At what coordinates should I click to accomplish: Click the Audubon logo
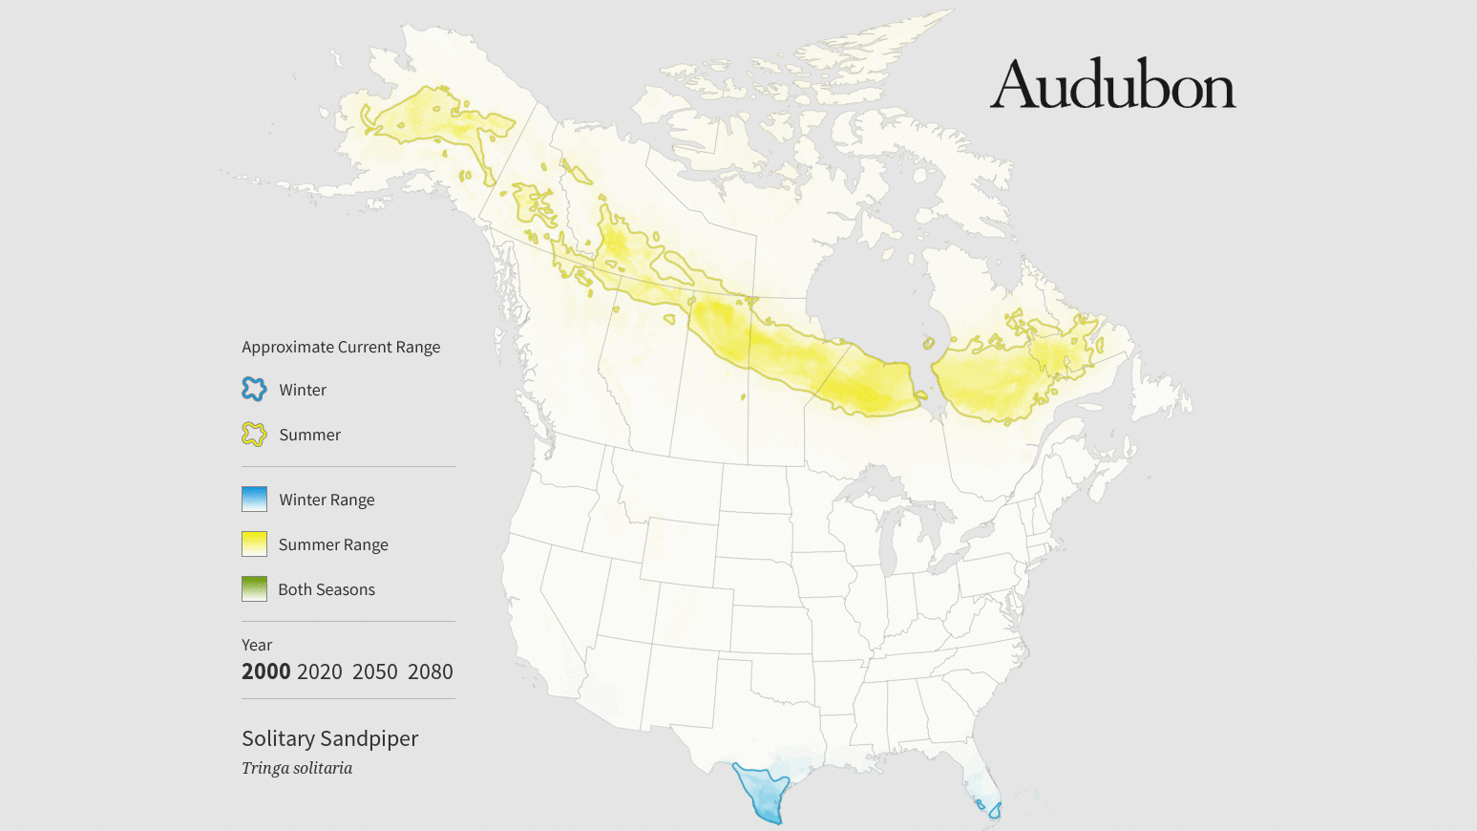click(1112, 84)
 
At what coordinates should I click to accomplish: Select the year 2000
click(265, 671)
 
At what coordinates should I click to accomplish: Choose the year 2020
click(319, 671)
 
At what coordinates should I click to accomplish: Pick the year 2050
click(374, 671)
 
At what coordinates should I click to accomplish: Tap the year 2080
click(430, 671)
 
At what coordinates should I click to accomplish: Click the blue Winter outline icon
click(254, 389)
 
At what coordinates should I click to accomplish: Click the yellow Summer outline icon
click(254, 435)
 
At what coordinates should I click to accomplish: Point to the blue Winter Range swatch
click(254, 499)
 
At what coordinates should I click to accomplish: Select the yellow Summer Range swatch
click(254, 543)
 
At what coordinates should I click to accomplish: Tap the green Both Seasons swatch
click(254, 588)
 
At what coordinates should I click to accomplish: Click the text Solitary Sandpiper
click(329, 738)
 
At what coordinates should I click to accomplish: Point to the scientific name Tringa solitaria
click(297, 768)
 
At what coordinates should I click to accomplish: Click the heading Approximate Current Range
click(341, 347)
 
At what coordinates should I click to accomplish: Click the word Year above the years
click(257, 645)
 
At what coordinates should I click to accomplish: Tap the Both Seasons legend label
click(327, 589)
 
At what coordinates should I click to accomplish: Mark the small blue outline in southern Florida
click(995, 810)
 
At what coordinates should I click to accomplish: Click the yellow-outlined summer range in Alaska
click(434, 119)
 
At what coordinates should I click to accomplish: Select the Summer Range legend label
click(333, 544)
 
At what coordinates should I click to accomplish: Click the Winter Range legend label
click(327, 500)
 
